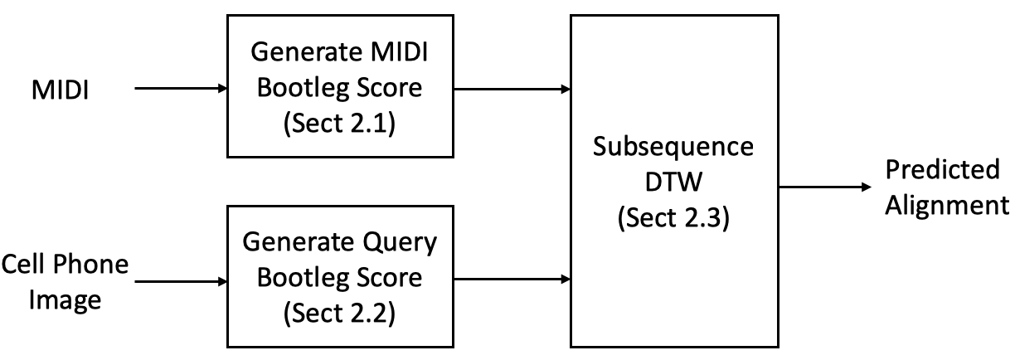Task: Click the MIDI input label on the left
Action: point(61,90)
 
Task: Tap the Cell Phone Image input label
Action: point(65,281)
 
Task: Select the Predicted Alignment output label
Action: point(947,187)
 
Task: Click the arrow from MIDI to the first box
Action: point(181,88)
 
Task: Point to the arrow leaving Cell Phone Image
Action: point(181,281)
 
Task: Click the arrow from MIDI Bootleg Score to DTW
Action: point(512,89)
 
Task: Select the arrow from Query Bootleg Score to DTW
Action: point(512,279)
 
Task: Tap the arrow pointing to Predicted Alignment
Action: point(825,187)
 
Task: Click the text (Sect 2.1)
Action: point(339,123)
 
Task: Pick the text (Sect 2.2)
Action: point(339,313)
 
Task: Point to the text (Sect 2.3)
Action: point(674,217)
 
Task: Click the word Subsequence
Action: point(673,147)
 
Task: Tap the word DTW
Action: point(673,182)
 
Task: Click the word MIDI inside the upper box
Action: point(399,51)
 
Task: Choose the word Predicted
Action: point(943,169)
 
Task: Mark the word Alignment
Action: point(948,206)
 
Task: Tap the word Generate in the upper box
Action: point(305,51)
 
